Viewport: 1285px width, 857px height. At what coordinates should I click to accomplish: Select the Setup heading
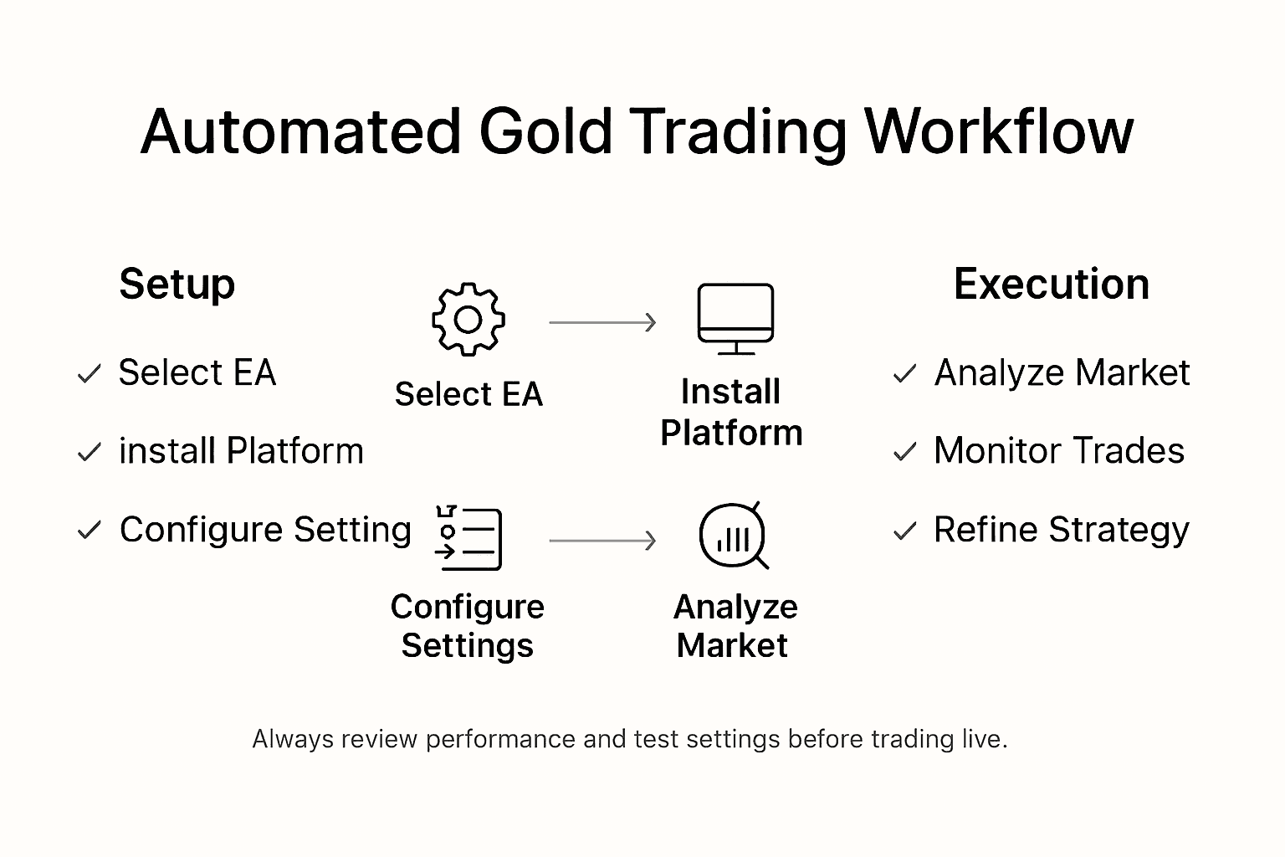click(x=177, y=285)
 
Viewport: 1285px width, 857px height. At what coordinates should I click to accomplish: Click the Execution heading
click(x=1051, y=285)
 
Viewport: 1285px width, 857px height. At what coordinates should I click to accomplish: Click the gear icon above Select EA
click(x=468, y=320)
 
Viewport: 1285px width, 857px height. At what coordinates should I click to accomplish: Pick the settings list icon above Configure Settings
click(x=468, y=538)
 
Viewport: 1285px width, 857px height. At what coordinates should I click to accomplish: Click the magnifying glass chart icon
click(x=733, y=536)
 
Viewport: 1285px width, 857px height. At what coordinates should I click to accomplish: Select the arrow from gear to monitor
click(x=602, y=322)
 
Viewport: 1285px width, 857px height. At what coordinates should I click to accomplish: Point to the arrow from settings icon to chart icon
click(x=602, y=541)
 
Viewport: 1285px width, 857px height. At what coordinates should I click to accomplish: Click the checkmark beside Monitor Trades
click(x=904, y=453)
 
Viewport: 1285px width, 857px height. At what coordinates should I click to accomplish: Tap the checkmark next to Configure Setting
click(x=89, y=531)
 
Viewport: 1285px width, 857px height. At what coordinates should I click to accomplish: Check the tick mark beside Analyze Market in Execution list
click(x=904, y=374)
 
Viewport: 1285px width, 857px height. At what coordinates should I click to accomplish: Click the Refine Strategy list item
click(x=1061, y=531)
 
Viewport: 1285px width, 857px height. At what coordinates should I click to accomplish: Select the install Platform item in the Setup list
click(x=241, y=452)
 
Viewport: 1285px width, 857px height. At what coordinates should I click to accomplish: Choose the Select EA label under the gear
click(x=468, y=394)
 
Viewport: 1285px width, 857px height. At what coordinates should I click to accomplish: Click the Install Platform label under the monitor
click(x=731, y=413)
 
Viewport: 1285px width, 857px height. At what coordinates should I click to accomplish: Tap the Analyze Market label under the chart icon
click(x=735, y=626)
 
